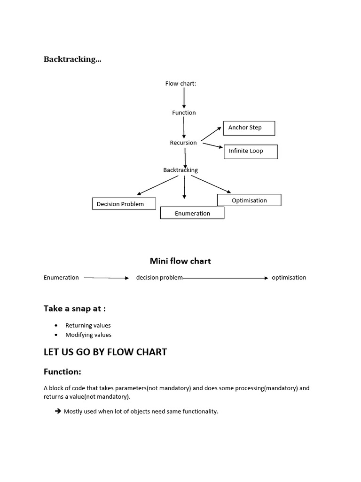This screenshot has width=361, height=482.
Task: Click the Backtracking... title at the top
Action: [x=72, y=59]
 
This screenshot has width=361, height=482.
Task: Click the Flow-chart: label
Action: [x=180, y=83]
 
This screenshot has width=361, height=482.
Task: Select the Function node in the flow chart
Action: [x=184, y=112]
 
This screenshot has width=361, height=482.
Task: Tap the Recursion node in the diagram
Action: [x=183, y=143]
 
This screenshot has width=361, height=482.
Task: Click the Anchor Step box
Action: [x=249, y=128]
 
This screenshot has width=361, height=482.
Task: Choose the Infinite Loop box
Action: [x=251, y=151]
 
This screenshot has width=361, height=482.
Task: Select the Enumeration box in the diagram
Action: [x=192, y=213]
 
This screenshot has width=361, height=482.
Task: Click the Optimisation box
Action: [x=249, y=200]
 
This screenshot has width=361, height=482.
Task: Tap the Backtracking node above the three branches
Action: [x=180, y=170]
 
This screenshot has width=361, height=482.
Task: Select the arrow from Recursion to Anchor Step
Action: [x=211, y=134]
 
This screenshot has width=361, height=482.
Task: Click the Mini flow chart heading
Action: [x=180, y=261]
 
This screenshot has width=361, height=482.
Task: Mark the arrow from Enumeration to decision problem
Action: [x=106, y=278]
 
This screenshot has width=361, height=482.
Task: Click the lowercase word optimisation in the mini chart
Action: [x=289, y=278]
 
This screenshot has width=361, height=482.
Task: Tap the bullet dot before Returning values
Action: [x=56, y=325]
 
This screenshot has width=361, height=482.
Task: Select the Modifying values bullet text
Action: [x=88, y=335]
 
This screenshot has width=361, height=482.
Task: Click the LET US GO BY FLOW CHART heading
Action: [x=105, y=352]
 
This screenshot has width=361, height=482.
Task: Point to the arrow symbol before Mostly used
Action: [x=58, y=411]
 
